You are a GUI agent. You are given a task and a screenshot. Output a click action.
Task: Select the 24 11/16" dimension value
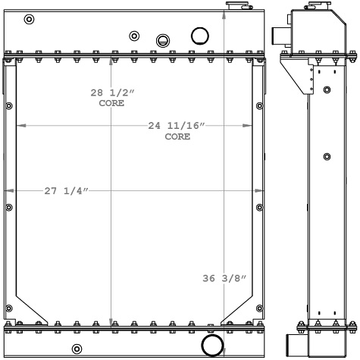coord(177,126)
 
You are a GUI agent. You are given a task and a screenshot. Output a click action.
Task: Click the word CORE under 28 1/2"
coord(110,104)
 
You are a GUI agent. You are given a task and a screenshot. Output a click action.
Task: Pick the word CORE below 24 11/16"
coord(177,137)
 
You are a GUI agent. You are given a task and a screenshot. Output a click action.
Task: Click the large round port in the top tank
coord(200,36)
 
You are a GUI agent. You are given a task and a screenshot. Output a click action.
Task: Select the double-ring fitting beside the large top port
coord(163,41)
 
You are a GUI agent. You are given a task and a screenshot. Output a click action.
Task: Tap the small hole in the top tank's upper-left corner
coord(29,20)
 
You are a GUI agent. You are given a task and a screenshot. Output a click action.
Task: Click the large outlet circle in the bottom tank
coord(212,345)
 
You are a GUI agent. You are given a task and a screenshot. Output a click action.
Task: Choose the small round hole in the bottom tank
coord(77,349)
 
